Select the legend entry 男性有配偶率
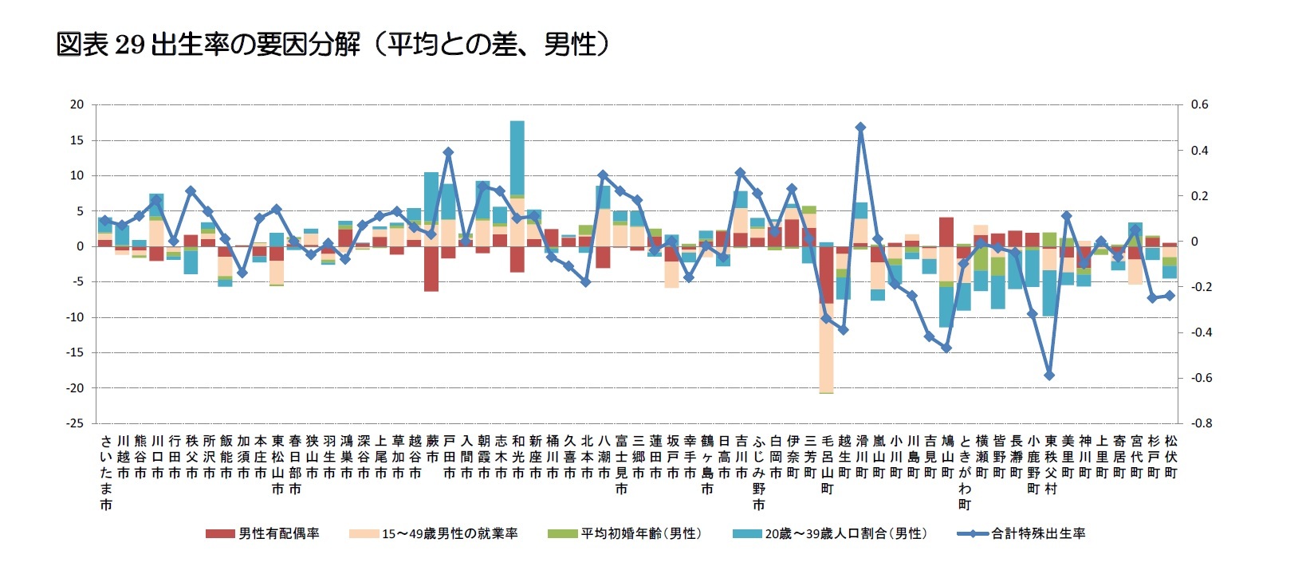(262, 533)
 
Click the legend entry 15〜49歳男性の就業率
(434, 533)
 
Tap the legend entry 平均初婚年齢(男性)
(626, 533)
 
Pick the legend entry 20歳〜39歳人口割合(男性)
(830, 533)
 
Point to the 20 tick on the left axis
(77, 104)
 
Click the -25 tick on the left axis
(76, 423)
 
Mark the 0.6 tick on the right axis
(1199, 104)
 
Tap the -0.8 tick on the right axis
(1201, 423)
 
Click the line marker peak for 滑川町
(860, 127)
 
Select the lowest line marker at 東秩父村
(1049, 375)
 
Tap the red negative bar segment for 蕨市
(431, 269)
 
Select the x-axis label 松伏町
(1170, 457)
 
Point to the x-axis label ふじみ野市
(758, 473)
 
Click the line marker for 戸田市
(448, 151)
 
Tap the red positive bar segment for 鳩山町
(946, 231)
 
